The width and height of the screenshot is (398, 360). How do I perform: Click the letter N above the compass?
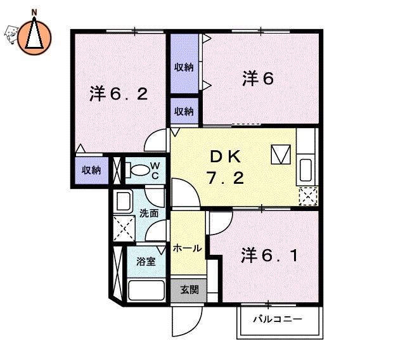coord(34,12)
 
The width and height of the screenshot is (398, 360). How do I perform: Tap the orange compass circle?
coord(34,38)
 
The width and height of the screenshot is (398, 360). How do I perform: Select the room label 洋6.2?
coord(119,94)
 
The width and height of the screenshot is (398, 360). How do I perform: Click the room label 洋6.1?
coord(269,255)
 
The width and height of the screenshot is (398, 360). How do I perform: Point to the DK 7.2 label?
coord(226,167)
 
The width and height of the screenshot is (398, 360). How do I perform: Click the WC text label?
coord(155,170)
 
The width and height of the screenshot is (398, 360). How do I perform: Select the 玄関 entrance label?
coord(189,290)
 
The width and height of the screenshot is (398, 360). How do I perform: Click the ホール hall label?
coord(188,248)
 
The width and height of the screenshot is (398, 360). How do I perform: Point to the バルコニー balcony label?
coord(278,319)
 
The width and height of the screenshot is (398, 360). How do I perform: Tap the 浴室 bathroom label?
coord(146,261)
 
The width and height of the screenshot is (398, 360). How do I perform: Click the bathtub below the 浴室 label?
coord(146,290)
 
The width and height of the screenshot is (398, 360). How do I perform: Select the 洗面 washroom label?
coord(149,213)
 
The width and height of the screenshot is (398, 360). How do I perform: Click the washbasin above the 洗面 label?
coord(123,201)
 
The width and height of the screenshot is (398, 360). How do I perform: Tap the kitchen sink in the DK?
coord(305,170)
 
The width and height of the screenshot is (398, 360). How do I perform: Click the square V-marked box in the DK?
coord(281,154)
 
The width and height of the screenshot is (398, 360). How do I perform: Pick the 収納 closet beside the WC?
coord(92,170)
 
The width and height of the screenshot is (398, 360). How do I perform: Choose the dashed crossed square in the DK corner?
coord(308,196)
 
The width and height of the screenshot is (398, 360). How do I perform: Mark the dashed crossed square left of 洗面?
coord(124,228)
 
